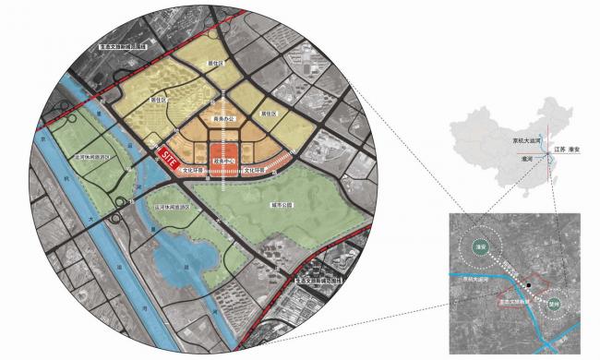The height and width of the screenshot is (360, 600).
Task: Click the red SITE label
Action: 169,158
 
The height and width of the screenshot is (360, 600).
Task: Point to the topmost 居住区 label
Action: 214,64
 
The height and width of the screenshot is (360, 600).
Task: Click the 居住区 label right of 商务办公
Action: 268,114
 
